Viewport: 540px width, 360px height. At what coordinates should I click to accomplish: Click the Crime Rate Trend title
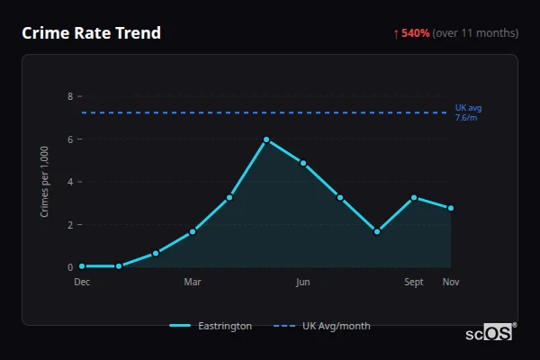(x=92, y=33)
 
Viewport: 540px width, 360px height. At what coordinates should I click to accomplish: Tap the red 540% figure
(x=415, y=33)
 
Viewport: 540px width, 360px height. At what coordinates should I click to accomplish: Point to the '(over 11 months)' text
(x=475, y=33)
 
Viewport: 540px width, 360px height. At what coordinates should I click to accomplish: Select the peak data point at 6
(x=266, y=139)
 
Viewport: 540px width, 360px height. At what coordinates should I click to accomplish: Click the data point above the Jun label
(x=303, y=163)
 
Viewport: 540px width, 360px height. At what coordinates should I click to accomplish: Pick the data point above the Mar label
(x=193, y=231)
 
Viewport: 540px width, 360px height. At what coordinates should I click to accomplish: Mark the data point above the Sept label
(x=414, y=197)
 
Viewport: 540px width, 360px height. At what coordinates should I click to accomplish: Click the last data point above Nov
(x=450, y=208)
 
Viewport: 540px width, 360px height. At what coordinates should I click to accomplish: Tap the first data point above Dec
(x=82, y=265)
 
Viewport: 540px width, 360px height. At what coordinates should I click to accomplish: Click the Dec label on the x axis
(x=82, y=283)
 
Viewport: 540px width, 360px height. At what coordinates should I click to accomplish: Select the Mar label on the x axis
(x=193, y=283)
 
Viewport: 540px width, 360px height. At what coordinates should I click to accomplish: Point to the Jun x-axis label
(x=303, y=283)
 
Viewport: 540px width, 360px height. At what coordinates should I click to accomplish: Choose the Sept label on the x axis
(x=414, y=283)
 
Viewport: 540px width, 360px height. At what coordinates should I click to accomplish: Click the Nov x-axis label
(x=450, y=283)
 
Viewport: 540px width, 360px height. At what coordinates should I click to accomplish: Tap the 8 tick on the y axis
(x=70, y=96)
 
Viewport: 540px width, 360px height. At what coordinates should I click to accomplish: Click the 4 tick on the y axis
(x=70, y=182)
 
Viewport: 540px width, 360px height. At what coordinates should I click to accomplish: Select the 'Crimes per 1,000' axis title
(x=45, y=181)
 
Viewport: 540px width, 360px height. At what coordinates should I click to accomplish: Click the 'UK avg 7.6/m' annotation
(x=468, y=112)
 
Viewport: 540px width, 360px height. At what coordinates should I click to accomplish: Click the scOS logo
(x=490, y=333)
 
